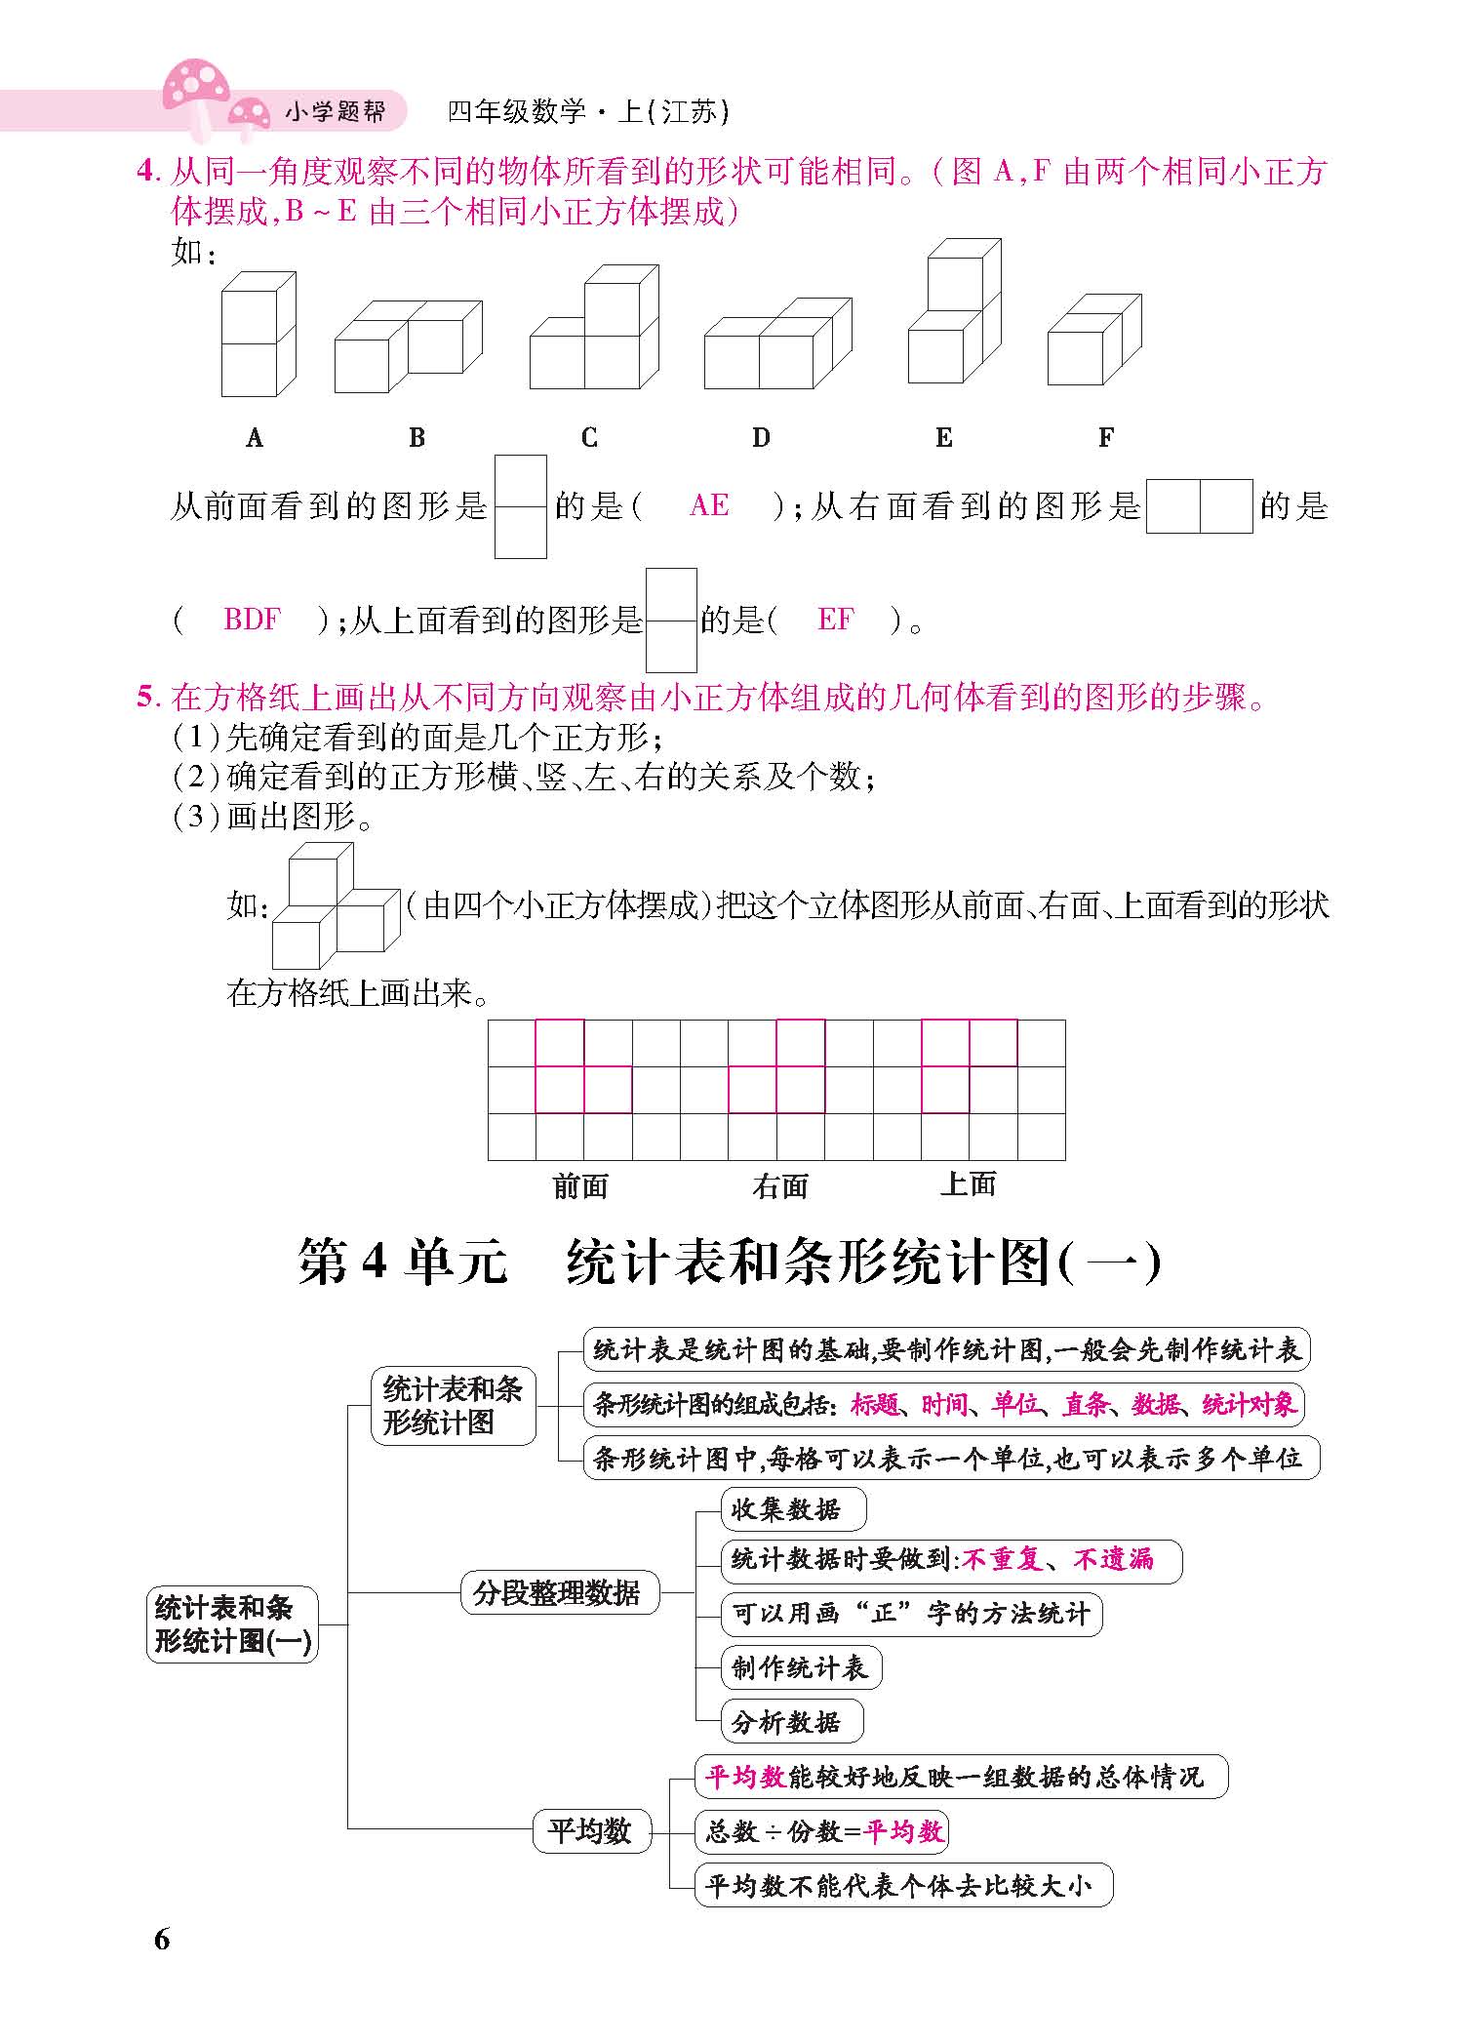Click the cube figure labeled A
click(x=258, y=335)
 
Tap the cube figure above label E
click(x=954, y=312)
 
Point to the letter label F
click(x=1105, y=438)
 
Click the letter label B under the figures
click(x=417, y=438)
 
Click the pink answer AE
click(x=709, y=505)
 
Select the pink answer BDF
click(x=252, y=620)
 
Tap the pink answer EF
click(x=835, y=620)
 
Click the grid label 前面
click(x=580, y=1186)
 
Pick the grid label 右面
click(x=780, y=1186)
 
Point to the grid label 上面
click(x=969, y=1184)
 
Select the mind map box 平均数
click(x=589, y=1830)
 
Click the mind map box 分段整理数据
click(x=557, y=1593)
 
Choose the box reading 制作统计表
click(x=800, y=1667)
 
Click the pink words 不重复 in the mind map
click(x=1002, y=1559)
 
